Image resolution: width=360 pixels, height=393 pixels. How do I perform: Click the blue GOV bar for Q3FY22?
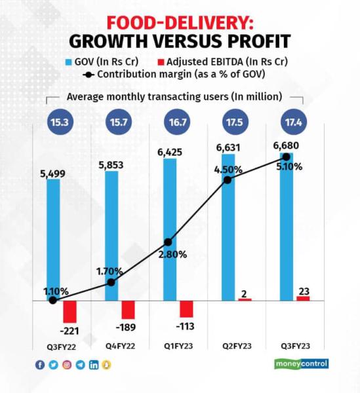tap(53, 239)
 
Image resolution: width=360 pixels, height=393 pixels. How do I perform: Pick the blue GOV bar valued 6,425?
tap(169, 229)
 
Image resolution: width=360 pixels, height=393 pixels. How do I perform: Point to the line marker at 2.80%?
tap(169, 242)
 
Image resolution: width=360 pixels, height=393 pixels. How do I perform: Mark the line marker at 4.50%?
tap(228, 179)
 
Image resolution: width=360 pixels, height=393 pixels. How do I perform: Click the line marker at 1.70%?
tap(111, 282)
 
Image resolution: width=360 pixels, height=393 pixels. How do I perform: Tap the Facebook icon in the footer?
tap(41, 365)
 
